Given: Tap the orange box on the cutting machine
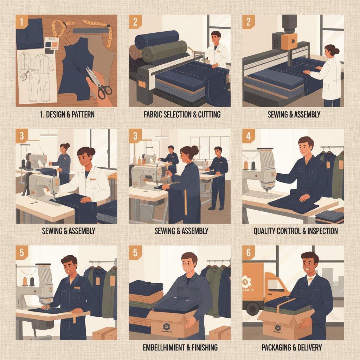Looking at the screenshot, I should click(289, 41).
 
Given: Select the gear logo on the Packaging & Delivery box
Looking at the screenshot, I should click(278, 328).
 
